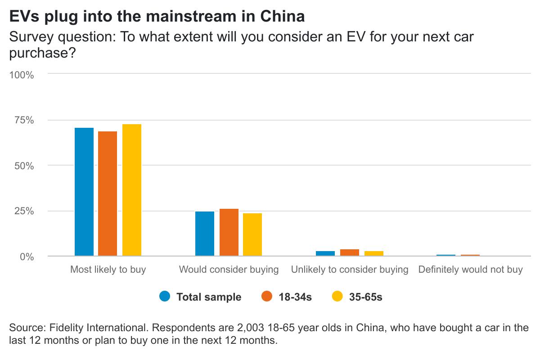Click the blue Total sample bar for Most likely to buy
click(x=84, y=192)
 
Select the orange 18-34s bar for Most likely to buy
click(x=108, y=194)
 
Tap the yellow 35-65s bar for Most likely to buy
click(x=132, y=190)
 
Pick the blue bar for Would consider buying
click(x=205, y=234)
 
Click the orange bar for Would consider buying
click(x=229, y=233)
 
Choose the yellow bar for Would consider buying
click(x=252, y=235)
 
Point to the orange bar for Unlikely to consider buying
click(x=350, y=253)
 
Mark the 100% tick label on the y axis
click(x=22, y=75)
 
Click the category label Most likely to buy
click(x=108, y=270)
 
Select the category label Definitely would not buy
click(x=470, y=270)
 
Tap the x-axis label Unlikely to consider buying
click(x=350, y=270)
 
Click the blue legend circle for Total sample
click(x=165, y=297)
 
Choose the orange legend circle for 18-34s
click(x=267, y=297)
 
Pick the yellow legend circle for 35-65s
click(x=337, y=297)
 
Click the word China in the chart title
click(x=283, y=16)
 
